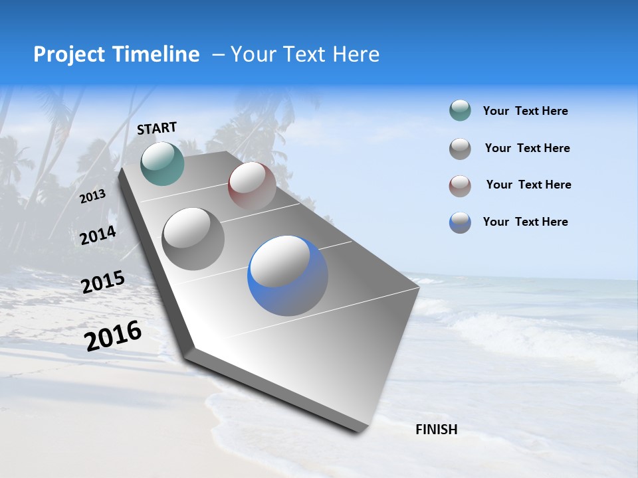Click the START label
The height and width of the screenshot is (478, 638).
157,128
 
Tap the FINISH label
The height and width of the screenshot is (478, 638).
437,430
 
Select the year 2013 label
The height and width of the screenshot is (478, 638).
93,197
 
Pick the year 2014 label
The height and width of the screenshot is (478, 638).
98,236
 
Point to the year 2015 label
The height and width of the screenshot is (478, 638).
103,282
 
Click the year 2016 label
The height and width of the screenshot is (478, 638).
113,335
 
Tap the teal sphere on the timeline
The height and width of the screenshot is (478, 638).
162,163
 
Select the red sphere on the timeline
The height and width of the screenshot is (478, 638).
252,185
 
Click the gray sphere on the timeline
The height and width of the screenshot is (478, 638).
193,238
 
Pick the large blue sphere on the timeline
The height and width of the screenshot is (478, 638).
287,275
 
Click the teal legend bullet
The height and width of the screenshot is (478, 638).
460,111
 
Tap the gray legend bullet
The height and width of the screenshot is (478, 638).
460,148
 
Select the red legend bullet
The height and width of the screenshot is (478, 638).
460,185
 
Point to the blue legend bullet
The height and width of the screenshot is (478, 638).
460,222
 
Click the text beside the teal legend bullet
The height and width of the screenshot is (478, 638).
525,111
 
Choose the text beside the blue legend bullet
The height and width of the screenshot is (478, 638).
525,222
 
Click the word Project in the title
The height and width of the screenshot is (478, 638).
68,54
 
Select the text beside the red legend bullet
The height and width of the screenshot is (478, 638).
528,185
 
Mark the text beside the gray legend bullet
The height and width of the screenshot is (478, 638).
527,148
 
